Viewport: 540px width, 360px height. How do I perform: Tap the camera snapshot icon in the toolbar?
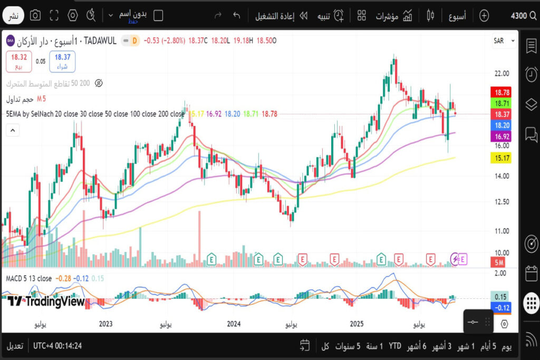click(35, 16)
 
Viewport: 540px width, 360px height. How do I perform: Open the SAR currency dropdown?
click(504, 41)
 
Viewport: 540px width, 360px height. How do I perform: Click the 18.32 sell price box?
click(19, 61)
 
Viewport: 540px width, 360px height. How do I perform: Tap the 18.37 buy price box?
click(62, 61)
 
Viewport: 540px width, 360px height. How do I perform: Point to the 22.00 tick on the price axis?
click(498, 73)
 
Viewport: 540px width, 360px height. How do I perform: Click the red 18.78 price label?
click(499, 92)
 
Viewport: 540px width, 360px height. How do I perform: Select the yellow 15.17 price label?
click(499, 158)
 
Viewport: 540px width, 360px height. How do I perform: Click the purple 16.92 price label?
click(499, 137)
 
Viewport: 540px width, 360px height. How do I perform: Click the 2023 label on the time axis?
click(106, 324)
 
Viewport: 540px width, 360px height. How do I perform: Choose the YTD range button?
click(395, 346)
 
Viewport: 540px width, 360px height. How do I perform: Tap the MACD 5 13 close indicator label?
click(28, 278)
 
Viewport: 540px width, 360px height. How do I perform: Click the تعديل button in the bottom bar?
click(15, 346)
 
